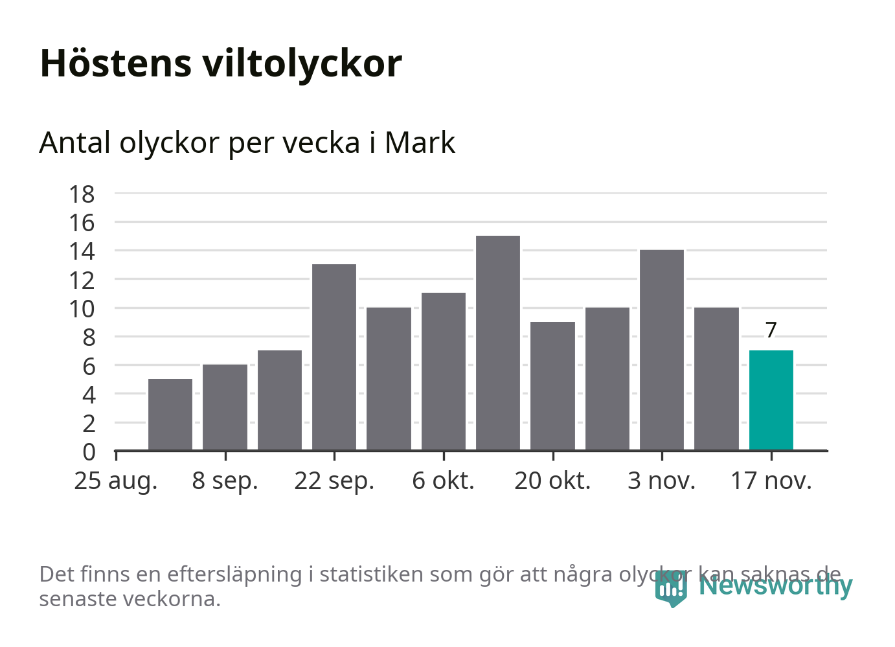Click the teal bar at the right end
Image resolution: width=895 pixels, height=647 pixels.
click(x=771, y=400)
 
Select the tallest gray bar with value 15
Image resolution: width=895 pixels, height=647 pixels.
click(x=497, y=343)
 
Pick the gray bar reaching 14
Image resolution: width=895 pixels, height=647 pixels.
click(x=661, y=350)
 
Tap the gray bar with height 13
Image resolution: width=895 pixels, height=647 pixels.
click(x=334, y=357)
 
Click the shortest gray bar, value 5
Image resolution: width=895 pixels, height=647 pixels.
click(x=170, y=414)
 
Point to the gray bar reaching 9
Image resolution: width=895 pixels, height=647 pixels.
click(x=552, y=386)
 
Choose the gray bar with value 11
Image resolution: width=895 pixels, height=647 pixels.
click(x=443, y=372)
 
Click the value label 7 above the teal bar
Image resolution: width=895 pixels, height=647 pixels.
click(x=771, y=330)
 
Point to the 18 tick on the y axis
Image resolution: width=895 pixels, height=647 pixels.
click(x=82, y=194)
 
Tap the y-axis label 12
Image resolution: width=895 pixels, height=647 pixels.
click(x=82, y=280)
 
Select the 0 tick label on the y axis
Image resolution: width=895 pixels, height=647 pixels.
click(x=89, y=451)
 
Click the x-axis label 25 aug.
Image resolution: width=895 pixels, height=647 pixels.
click(x=116, y=481)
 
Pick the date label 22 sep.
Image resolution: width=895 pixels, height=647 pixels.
click(x=334, y=481)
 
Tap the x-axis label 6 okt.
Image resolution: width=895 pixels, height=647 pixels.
click(x=443, y=481)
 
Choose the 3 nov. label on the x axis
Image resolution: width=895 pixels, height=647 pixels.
click(x=661, y=481)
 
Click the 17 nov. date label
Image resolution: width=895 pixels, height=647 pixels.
click(x=771, y=481)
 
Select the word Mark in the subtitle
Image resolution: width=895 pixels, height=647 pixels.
click(x=420, y=142)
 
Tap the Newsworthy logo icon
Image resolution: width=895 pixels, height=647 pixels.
click(x=670, y=587)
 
